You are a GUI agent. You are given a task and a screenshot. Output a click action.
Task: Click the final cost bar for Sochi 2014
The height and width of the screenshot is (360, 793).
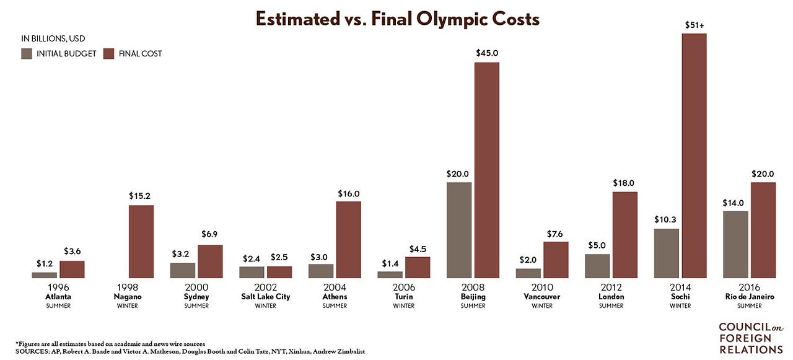(x=694, y=156)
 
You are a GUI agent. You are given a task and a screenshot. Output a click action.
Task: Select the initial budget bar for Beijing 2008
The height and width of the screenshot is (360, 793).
(x=459, y=230)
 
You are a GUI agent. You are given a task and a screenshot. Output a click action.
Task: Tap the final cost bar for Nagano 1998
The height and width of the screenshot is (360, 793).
(x=141, y=242)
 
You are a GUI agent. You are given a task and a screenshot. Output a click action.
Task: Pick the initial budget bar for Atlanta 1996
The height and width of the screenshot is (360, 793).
(x=44, y=275)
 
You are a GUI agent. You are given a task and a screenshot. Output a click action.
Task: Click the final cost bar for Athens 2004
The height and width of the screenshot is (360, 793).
(x=349, y=240)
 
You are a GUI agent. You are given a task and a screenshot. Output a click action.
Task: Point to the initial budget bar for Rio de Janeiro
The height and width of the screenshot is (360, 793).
(x=735, y=245)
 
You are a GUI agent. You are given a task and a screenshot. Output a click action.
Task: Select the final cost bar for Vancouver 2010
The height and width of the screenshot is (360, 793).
(x=556, y=260)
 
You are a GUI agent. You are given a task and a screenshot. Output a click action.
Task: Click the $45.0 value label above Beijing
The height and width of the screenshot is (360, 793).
(x=487, y=53)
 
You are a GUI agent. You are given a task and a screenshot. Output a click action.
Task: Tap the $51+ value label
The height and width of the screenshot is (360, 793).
(x=694, y=25)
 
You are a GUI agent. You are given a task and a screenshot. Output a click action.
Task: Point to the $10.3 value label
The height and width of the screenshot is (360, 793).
(x=665, y=220)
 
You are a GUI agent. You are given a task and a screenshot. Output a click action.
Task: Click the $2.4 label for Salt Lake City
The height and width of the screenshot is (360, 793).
(x=252, y=259)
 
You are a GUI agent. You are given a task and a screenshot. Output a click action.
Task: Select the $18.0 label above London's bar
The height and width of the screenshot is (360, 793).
(x=623, y=183)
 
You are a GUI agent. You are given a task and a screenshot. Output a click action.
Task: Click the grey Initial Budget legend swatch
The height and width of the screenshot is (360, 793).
(x=27, y=54)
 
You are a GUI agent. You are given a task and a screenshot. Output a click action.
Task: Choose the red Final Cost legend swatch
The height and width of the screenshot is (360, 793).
(x=108, y=54)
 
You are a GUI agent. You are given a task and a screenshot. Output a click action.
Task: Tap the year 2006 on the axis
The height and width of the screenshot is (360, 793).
(x=404, y=287)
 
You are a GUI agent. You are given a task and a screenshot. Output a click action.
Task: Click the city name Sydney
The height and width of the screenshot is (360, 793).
(x=196, y=297)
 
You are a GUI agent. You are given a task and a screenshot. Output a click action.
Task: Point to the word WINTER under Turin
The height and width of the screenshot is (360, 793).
(x=403, y=306)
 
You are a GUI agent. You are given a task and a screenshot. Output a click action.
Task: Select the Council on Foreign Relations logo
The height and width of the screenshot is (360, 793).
(x=751, y=338)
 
